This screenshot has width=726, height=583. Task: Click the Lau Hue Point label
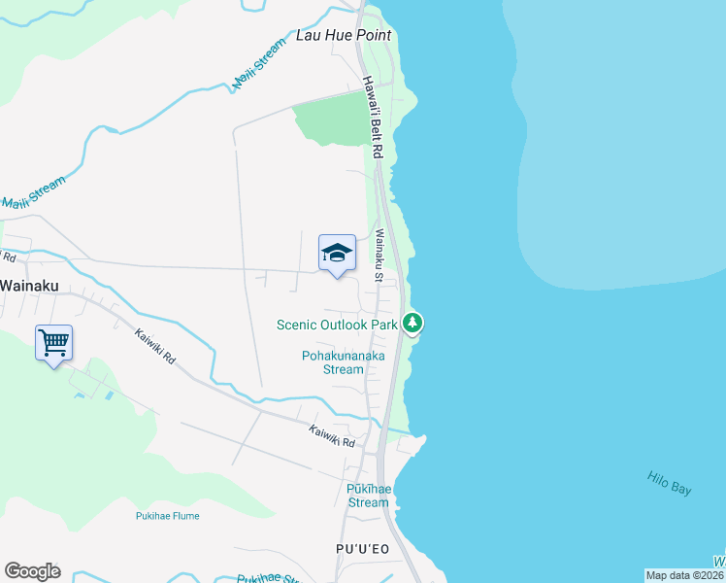(344, 35)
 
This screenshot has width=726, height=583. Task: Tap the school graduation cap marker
(337, 254)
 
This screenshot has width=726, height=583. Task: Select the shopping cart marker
(53, 342)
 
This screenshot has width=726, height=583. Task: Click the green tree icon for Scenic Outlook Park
(412, 323)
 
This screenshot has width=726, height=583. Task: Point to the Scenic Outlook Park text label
(337, 325)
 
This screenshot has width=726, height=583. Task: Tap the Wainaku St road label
(379, 256)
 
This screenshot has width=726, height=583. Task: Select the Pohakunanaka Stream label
(343, 362)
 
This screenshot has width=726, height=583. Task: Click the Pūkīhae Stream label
(368, 496)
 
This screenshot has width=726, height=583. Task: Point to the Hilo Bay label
(670, 483)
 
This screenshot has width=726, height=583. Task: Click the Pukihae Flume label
(168, 516)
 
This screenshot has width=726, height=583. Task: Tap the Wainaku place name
(31, 286)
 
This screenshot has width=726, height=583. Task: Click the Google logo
(32, 570)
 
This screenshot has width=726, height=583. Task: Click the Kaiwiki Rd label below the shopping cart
(154, 345)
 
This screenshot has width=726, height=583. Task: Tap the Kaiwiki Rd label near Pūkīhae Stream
(332, 436)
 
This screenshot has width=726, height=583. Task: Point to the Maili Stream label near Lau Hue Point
(259, 65)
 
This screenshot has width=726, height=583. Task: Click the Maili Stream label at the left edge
(33, 192)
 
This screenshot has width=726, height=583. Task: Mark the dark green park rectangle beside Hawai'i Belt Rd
(330, 123)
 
